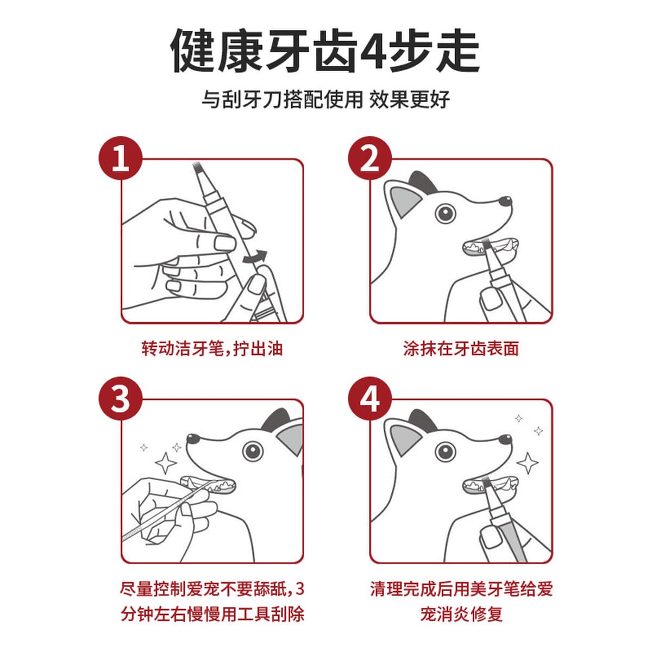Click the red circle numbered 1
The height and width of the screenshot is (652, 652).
click(x=121, y=158)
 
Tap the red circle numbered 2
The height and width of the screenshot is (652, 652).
click(x=370, y=158)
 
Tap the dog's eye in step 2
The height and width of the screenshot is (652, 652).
click(x=446, y=213)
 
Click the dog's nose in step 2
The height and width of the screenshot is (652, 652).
click(x=506, y=201)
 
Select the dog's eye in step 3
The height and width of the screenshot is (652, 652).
click(x=253, y=451)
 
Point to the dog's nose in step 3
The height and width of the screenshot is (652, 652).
click(x=193, y=439)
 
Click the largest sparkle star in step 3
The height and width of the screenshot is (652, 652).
click(x=166, y=463)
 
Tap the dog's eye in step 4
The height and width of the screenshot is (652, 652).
click(x=446, y=451)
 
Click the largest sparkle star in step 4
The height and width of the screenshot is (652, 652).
click(x=528, y=463)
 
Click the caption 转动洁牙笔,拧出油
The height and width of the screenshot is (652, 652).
click(x=212, y=349)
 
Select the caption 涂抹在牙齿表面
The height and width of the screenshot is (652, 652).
click(x=461, y=349)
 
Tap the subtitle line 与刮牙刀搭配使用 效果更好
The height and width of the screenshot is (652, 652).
click(x=326, y=99)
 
